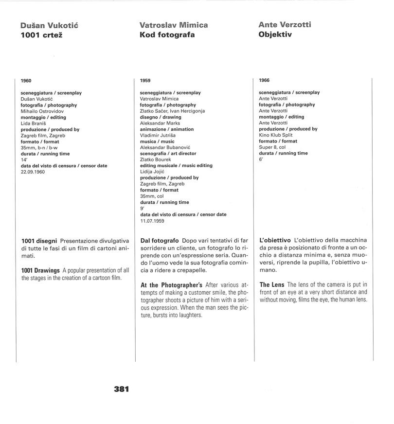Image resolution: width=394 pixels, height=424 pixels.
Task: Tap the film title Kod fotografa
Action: [167, 35]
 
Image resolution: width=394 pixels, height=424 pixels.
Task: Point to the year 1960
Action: [26, 80]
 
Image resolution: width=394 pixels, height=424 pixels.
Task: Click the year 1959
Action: [145, 80]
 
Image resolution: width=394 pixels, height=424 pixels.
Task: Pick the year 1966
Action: [264, 80]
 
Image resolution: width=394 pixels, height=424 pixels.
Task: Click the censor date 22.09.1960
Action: [33, 172]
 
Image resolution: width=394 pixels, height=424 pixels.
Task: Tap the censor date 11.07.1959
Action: [151, 221]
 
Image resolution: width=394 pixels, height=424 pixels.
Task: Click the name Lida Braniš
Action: [32, 124]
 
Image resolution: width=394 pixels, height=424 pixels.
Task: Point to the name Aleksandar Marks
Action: [160, 124]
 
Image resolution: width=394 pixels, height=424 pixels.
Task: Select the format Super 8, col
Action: [273, 147]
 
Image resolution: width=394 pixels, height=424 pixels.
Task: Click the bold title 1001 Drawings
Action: [40, 270]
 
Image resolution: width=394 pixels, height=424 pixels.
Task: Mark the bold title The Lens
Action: [271, 284]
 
